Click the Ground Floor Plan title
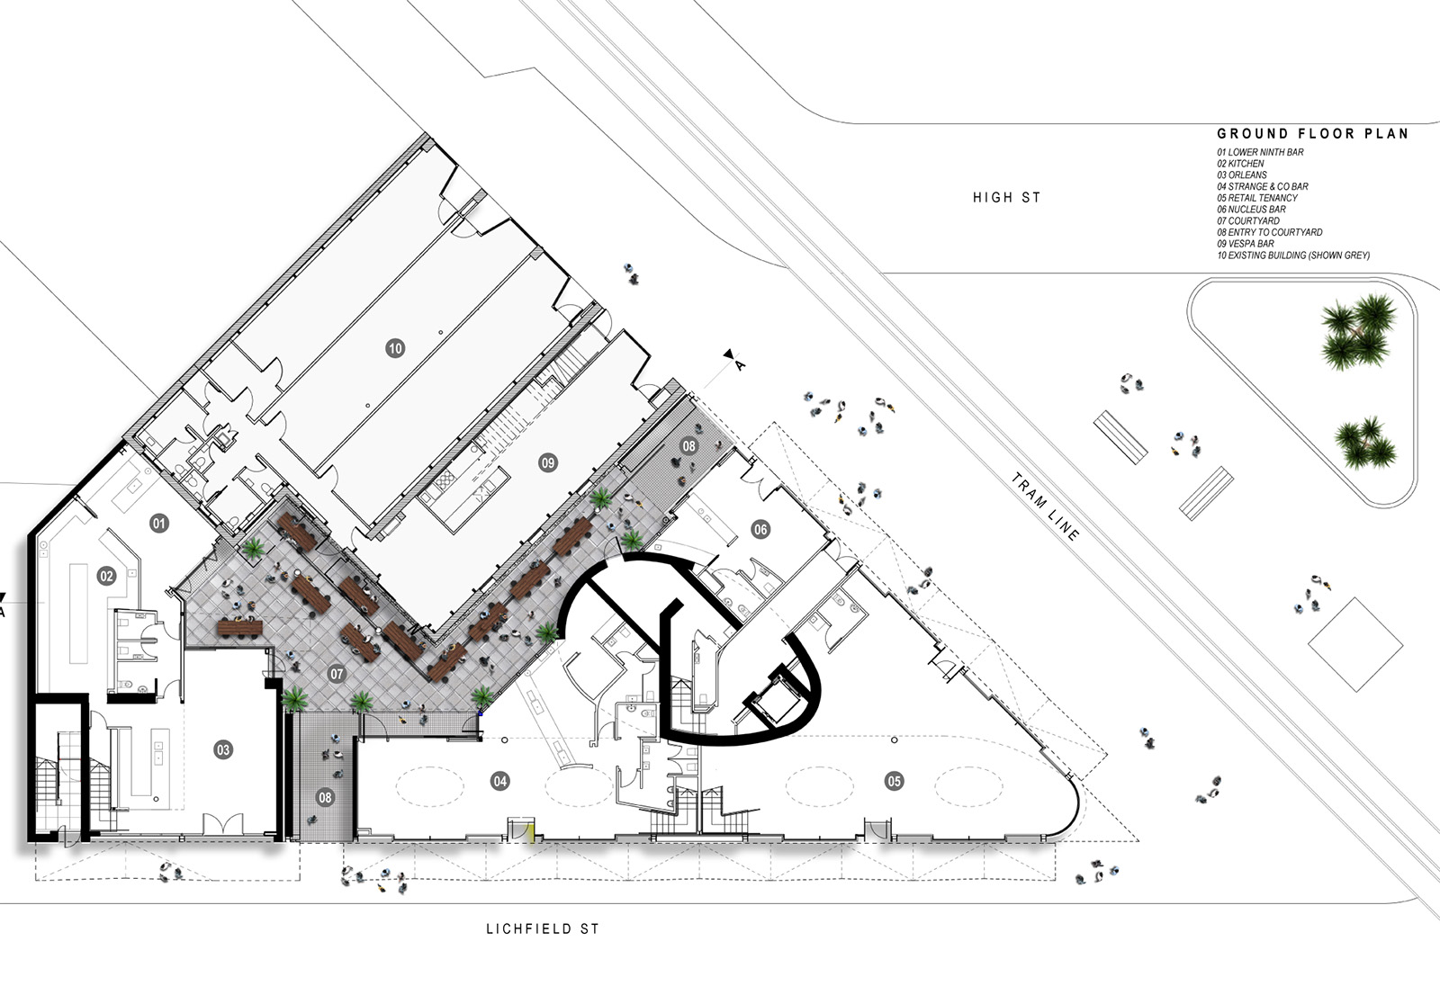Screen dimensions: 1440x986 (x=1313, y=134)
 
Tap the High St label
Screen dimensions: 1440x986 (x=1007, y=198)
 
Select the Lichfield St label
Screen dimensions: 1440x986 (x=543, y=928)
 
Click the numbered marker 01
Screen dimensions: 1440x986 (x=159, y=524)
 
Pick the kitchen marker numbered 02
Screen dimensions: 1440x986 (x=107, y=576)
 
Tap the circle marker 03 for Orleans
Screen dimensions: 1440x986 (x=223, y=749)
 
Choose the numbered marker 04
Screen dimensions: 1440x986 (x=500, y=781)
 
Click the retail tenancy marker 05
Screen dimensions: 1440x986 (x=895, y=781)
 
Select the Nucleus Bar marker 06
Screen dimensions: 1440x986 (x=760, y=530)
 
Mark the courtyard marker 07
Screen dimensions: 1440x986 (x=337, y=674)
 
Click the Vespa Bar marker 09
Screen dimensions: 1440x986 (x=548, y=462)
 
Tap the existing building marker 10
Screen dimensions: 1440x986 (x=395, y=348)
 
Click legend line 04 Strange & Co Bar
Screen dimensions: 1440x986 (x=1263, y=186)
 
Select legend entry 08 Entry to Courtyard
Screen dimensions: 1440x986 (x=1270, y=232)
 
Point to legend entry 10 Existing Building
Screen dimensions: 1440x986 (x=1293, y=255)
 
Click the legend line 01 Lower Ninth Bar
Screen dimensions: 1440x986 (x=1260, y=152)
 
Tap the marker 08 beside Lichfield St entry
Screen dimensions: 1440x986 (x=325, y=798)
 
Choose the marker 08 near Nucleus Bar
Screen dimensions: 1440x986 (x=689, y=446)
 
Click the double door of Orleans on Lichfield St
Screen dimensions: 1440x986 (x=224, y=824)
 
